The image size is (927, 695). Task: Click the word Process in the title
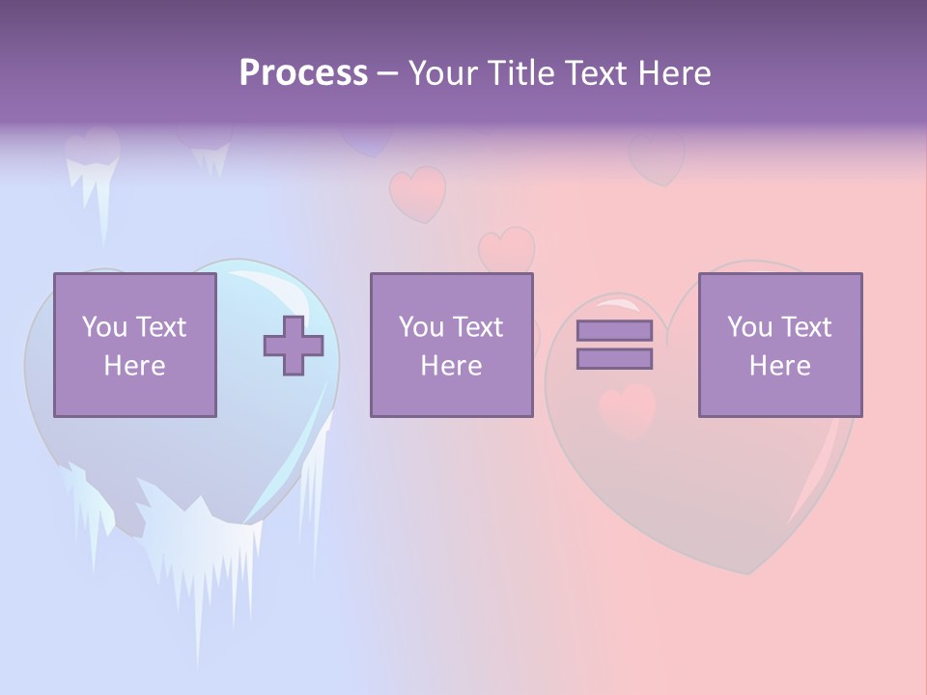tap(303, 73)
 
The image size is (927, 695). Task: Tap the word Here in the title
tap(673, 73)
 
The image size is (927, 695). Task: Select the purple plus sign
tap(294, 345)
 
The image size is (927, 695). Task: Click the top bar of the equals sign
tap(614, 330)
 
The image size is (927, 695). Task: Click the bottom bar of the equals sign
tap(614, 358)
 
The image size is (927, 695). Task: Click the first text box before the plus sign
tap(134, 345)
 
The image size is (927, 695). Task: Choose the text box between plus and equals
tap(451, 345)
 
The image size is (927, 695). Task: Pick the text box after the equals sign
tap(779, 345)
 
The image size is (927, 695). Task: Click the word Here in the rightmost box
tap(779, 366)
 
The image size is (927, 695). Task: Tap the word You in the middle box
tap(421, 327)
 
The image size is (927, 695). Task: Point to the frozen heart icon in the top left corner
tap(93, 159)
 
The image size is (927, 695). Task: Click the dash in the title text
tap(388, 73)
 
